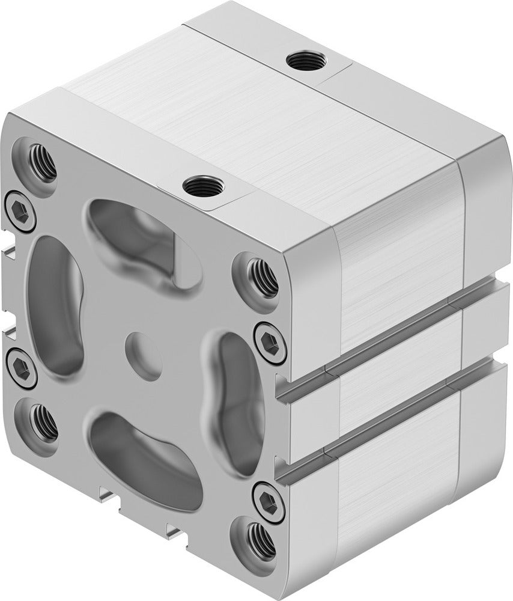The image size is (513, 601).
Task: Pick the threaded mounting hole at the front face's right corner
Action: click(263, 277)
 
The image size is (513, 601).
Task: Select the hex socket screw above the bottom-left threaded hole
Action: click(19, 364)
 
